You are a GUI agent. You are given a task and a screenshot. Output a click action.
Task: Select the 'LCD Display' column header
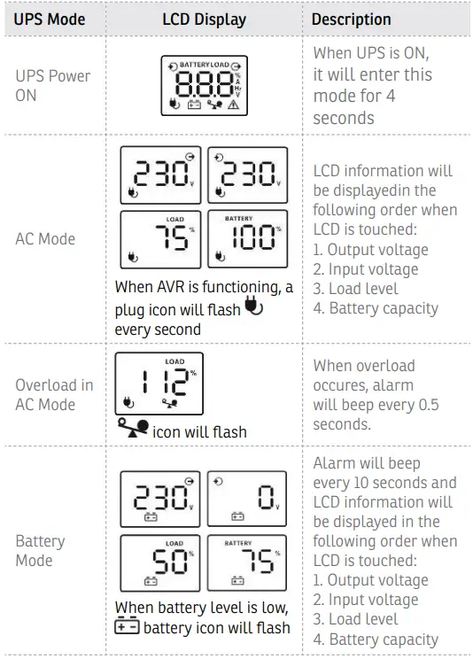tap(204, 19)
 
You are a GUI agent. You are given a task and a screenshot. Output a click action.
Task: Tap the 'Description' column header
tap(351, 19)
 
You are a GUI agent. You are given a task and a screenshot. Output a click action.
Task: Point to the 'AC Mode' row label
tap(45, 238)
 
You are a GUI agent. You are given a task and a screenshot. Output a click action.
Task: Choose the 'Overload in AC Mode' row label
tap(53, 395)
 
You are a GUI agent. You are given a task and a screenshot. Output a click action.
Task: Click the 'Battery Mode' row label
tap(40, 550)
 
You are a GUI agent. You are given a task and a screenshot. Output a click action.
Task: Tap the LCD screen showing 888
tap(204, 86)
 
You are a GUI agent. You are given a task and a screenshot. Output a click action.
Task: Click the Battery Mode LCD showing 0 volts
tap(247, 499)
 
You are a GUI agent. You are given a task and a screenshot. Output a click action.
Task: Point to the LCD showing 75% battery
tap(247, 563)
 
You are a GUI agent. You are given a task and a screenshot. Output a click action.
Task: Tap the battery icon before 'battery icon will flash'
tap(128, 627)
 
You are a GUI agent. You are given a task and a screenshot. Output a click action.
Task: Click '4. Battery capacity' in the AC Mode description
tap(376, 308)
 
